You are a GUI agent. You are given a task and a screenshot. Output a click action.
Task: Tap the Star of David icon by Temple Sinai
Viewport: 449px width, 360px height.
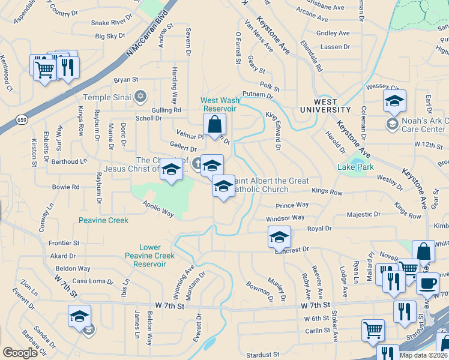[140, 96]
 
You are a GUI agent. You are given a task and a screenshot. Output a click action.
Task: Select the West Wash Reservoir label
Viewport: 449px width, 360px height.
[219, 104]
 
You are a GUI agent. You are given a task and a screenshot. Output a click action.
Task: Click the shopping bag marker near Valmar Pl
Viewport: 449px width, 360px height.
[214, 125]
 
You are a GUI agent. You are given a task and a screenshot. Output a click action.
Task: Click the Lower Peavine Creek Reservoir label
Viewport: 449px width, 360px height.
[157, 256]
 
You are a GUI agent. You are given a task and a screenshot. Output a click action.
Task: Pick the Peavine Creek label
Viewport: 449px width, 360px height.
[103, 220]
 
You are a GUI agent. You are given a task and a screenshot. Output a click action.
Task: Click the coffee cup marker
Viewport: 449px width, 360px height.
[427, 283]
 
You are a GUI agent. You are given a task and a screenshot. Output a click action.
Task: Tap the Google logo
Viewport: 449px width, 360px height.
[20, 353]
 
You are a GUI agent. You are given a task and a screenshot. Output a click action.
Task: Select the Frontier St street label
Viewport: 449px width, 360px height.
[64, 243]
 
